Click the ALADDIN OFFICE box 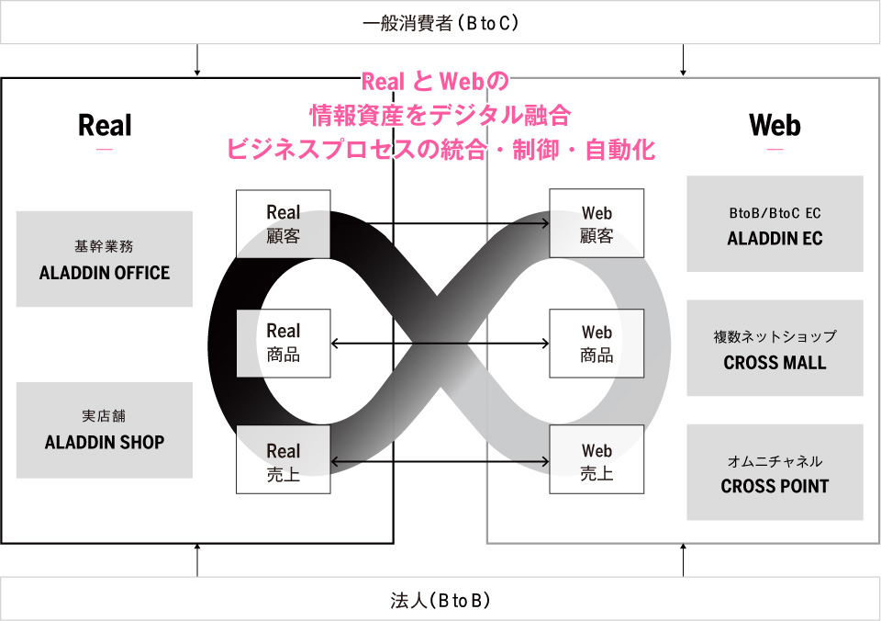coord(105,259)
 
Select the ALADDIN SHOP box coord(105,430)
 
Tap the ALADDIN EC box coord(775,224)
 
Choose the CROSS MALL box coord(775,347)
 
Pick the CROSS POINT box coord(775,472)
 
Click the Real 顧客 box coord(284,224)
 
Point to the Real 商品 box coord(284,344)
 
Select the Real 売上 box coord(284,459)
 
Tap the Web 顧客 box coord(597,223)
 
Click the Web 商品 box coord(597,344)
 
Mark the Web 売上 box coord(597,459)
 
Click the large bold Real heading coord(105,125)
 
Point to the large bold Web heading coord(775,125)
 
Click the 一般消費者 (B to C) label coord(440,23)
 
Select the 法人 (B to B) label coord(440,600)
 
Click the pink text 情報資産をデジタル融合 coord(440,116)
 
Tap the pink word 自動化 coord(620,150)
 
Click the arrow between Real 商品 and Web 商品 coord(440,344)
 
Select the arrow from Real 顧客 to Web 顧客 coord(440,223)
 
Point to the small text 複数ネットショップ coord(775,336)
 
